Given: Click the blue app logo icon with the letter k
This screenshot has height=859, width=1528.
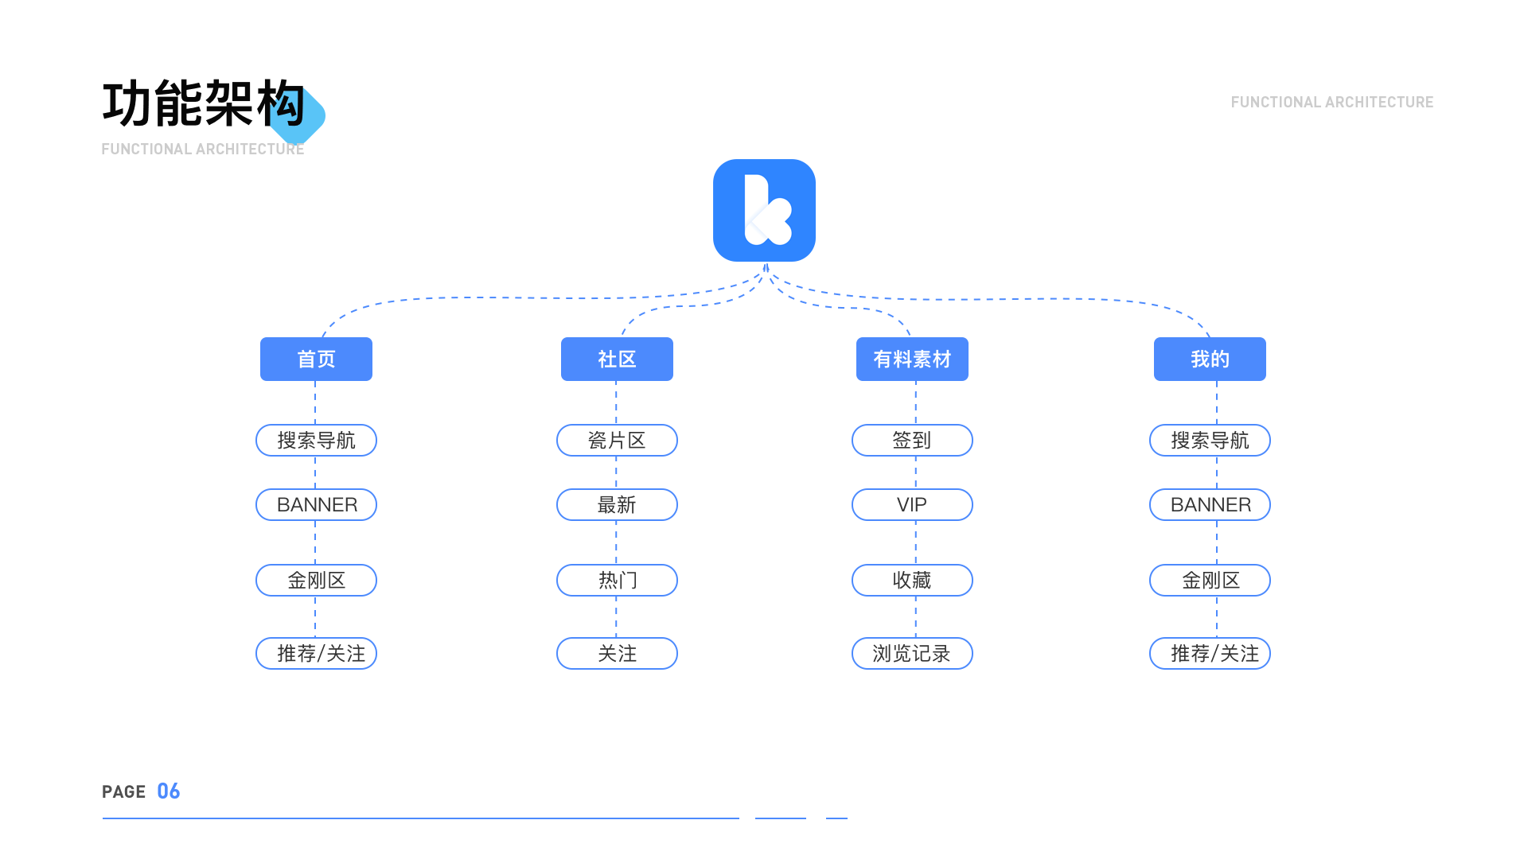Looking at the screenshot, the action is click(764, 210).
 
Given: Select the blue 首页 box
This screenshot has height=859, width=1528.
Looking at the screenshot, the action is click(316, 359).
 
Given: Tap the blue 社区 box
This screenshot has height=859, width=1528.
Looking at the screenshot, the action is click(617, 359).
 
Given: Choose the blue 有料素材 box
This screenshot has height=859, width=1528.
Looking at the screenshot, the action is click(912, 359).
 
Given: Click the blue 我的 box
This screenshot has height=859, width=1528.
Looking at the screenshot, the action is click(1210, 359).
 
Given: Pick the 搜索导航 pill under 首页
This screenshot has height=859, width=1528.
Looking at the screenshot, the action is click(316, 440).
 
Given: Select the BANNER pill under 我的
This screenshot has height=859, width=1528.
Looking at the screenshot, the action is click(1210, 504).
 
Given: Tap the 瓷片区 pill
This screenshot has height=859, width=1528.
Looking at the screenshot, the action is click(617, 440).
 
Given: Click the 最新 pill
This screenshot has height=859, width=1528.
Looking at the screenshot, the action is click(617, 504).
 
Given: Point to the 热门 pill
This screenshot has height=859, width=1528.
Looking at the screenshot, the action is click(617, 580).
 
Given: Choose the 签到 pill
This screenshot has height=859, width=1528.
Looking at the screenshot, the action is click(912, 440).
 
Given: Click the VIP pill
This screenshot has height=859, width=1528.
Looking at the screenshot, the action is click(912, 504).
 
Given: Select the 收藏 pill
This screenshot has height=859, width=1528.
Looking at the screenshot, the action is click(912, 580).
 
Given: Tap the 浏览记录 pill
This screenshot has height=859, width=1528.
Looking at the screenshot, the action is click(912, 653).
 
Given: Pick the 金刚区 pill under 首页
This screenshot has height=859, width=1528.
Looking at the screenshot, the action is click(316, 580).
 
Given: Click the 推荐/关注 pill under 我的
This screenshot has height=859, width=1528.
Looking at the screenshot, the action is click(1210, 653).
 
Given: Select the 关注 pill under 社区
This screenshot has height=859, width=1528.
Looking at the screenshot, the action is click(617, 653).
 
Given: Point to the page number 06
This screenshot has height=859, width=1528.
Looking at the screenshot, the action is click(168, 791).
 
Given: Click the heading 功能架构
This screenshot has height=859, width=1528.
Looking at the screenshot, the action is click(204, 103).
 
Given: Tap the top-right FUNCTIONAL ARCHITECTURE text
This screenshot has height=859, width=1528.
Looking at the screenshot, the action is click(1332, 102).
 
